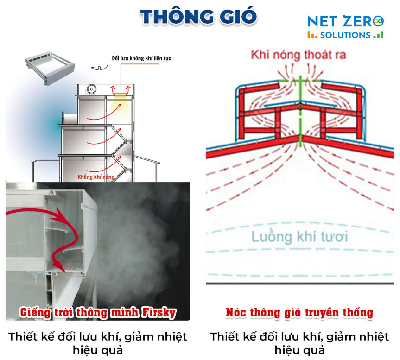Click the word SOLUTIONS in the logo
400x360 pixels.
pyautogui.click(x=345, y=35)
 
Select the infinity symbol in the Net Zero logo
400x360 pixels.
pyautogui.click(x=379, y=20)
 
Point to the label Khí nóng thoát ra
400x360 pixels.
pyautogui.click(x=298, y=55)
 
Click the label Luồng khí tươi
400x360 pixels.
pyautogui.click(x=299, y=237)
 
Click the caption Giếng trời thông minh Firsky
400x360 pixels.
pyautogui.click(x=98, y=313)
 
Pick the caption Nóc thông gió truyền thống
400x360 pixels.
pyautogui.click(x=299, y=313)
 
